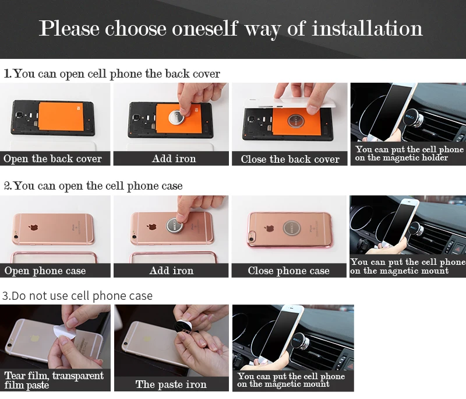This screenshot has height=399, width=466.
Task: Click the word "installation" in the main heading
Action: pyautogui.click(x=367, y=29)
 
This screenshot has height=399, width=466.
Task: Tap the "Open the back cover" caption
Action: pyautogui.click(x=52, y=159)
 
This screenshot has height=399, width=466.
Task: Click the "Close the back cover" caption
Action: pyautogui.click(x=290, y=159)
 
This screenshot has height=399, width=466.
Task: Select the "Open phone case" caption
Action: pyautogui.click(x=45, y=271)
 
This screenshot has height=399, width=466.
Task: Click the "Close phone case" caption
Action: pyautogui.click(x=288, y=271)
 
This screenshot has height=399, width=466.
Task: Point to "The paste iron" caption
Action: pyautogui.click(x=171, y=384)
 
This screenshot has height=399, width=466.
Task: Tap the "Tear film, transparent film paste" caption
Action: pyautogui.click(x=54, y=380)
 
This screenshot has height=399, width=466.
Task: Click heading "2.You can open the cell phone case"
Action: pyautogui.click(x=93, y=186)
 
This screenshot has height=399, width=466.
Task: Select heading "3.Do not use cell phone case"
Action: pyautogui.click(x=77, y=296)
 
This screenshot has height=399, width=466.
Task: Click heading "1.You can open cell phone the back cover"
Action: pyautogui.click(x=112, y=73)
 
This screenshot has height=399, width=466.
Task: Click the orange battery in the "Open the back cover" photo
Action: pyautogui.click(x=61, y=116)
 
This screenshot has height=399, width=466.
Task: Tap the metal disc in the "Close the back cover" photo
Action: pyautogui.click(x=296, y=121)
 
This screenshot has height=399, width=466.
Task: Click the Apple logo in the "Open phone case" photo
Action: pyautogui.click(x=33, y=228)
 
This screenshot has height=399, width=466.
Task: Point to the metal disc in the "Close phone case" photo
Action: pyautogui.click(x=292, y=228)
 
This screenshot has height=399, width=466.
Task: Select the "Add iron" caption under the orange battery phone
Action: pyautogui.click(x=174, y=159)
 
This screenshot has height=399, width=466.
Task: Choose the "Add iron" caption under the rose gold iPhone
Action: pyautogui.click(x=171, y=271)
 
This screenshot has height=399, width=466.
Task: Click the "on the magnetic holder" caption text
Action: pyautogui.click(x=401, y=157)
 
